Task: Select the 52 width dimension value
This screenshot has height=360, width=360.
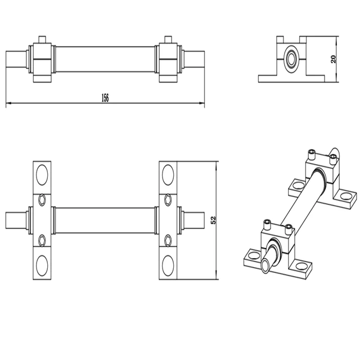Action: pyautogui.click(x=213, y=220)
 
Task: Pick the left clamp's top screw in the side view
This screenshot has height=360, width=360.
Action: pyautogui.click(x=42, y=40)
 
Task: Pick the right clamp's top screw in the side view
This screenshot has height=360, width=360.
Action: pyautogui.click(x=166, y=40)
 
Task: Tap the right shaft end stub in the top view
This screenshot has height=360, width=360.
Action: pyautogui.click(x=191, y=220)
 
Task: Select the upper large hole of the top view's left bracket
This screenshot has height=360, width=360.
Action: pyautogui.click(x=42, y=174)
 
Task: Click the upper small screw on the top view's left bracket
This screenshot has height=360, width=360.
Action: pyautogui.click(x=42, y=200)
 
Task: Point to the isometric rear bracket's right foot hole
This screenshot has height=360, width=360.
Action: pyautogui.click(x=347, y=196)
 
